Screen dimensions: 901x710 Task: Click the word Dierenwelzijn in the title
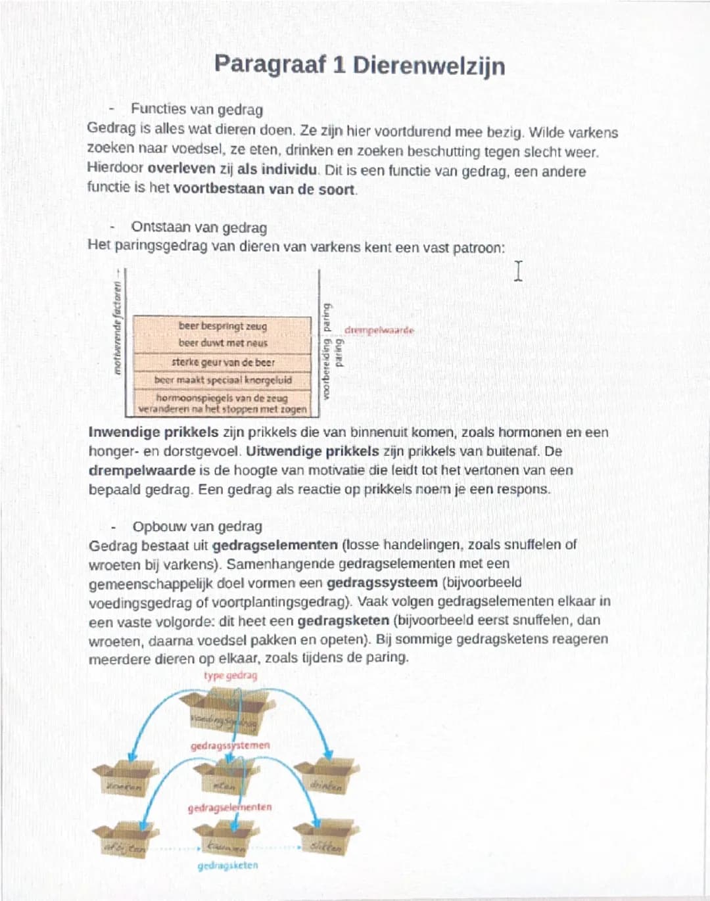pyautogui.click(x=429, y=66)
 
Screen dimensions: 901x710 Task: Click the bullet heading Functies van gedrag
pyautogui.click(x=197, y=109)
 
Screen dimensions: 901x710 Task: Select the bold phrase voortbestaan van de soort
pyautogui.click(x=265, y=189)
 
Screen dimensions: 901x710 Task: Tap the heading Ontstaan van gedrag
pyautogui.click(x=199, y=227)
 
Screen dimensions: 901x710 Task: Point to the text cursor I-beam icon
pyautogui.click(x=518, y=271)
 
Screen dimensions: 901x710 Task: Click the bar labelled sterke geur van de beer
pyautogui.click(x=223, y=362)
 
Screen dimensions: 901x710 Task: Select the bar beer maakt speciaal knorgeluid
pyautogui.click(x=223, y=380)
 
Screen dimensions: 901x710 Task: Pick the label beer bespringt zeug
pyautogui.click(x=223, y=326)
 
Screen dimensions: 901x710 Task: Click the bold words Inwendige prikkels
pyautogui.click(x=153, y=432)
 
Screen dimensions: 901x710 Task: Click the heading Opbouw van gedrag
pyautogui.click(x=197, y=526)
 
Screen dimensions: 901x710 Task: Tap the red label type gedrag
pyautogui.click(x=230, y=676)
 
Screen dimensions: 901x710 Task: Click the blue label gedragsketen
pyautogui.click(x=227, y=866)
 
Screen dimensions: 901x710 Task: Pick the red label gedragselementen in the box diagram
pyautogui.click(x=229, y=807)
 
